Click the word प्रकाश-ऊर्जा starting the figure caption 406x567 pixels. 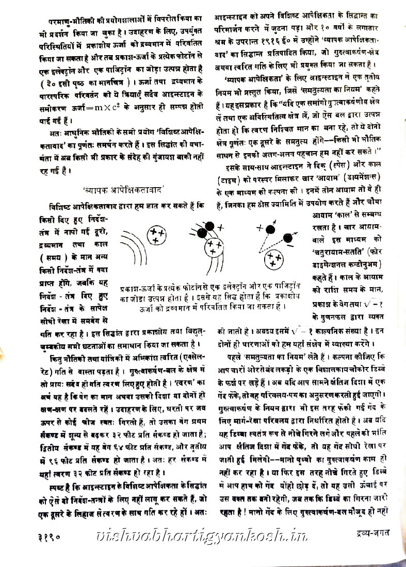pos(136,287)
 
